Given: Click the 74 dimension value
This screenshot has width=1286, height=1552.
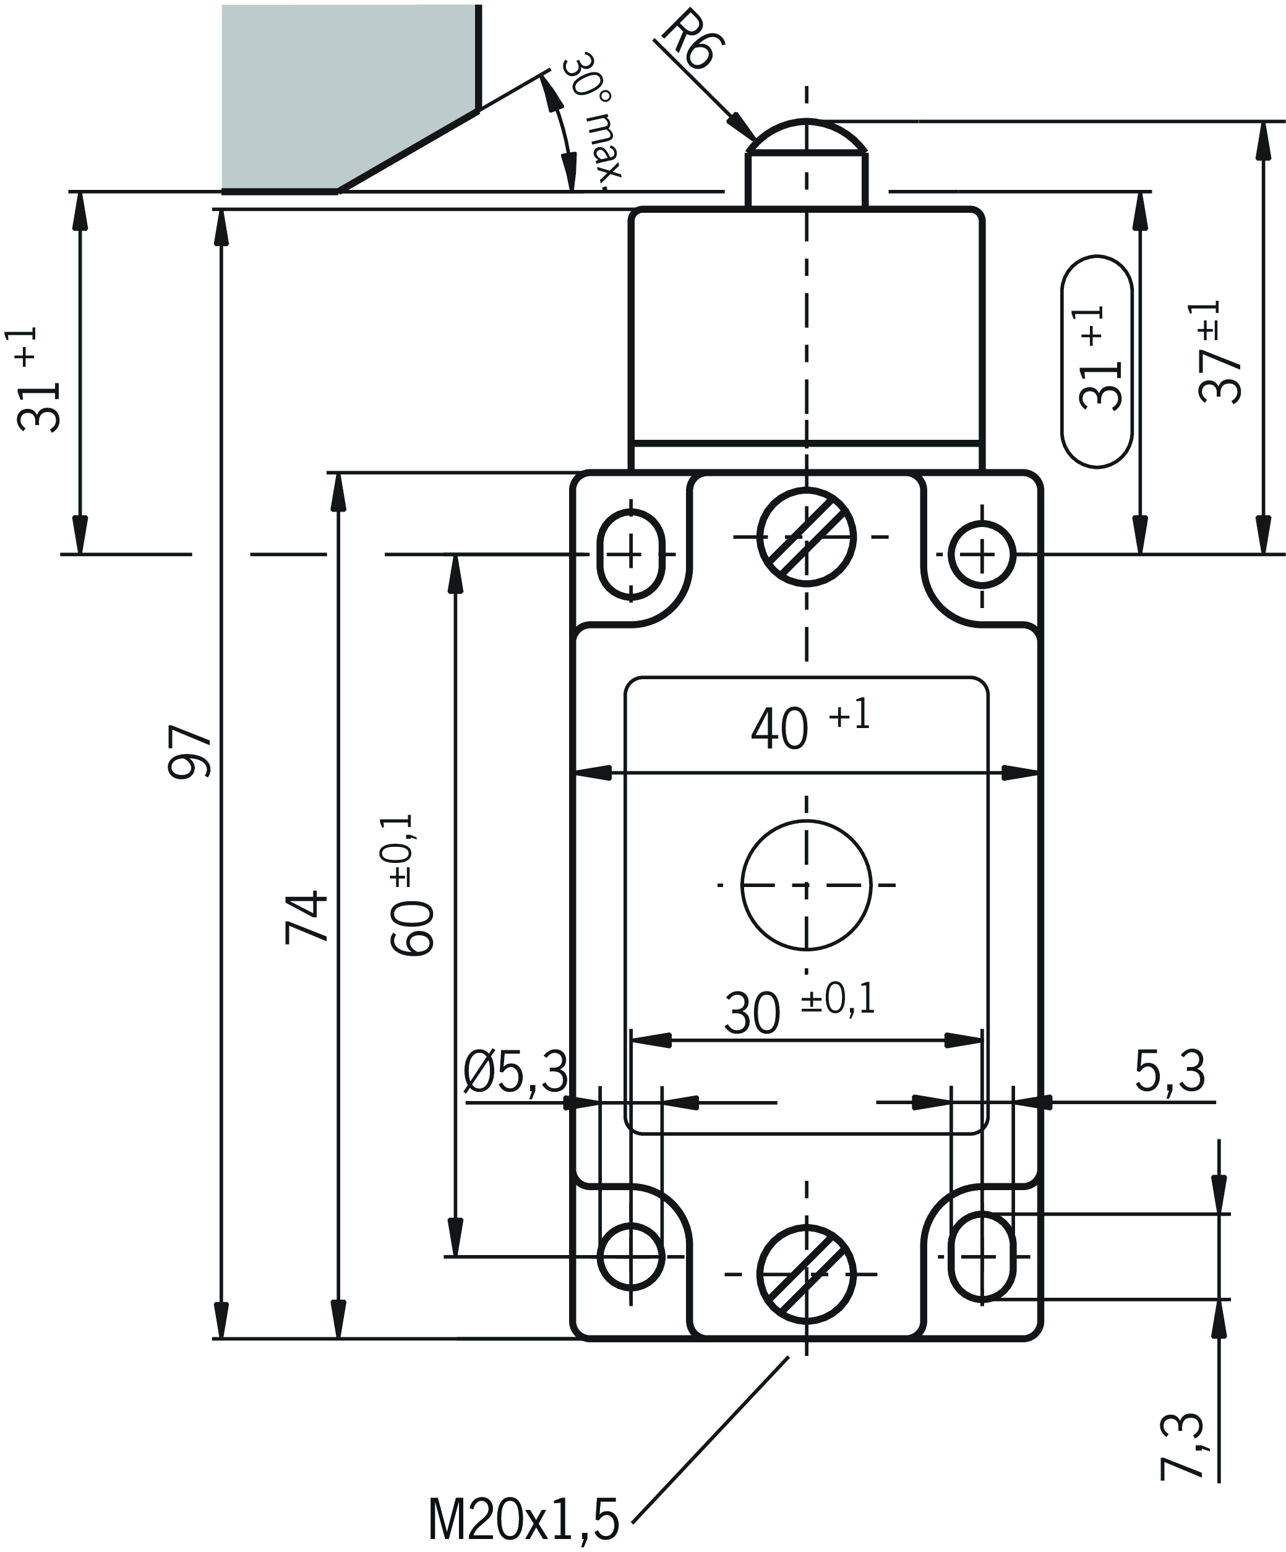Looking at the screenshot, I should (x=307, y=917).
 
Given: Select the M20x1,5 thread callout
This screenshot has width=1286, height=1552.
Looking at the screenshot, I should (x=523, y=1519).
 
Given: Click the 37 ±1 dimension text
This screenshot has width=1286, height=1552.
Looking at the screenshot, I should (x=1219, y=352).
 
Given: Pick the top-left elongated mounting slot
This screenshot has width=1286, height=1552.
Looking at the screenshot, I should (x=630, y=554).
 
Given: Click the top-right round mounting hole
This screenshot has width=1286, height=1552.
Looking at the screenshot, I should (x=982, y=554).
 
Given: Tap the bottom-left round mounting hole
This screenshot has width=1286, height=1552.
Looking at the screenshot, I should (x=630, y=1256).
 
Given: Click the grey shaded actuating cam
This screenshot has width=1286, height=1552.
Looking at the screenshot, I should (x=348, y=96).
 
